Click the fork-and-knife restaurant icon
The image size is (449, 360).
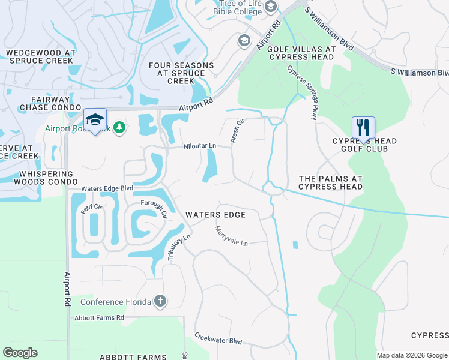pyautogui.click(x=363, y=127)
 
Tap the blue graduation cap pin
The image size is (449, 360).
pyautogui.click(x=94, y=119)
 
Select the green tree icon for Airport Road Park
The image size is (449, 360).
pyautogui.click(x=119, y=127)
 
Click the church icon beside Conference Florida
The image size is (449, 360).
pyautogui.click(x=160, y=301)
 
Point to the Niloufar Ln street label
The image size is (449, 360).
pyautogui.click(x=200, y=146)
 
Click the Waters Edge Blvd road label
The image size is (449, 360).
pyautogui.click(x=107, y=188)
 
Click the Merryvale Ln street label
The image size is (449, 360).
pyautogui.click(x=232, y=236)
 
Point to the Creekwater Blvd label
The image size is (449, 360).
pyautogui.click(x=218, y=340)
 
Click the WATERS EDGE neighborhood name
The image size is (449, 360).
pyautogui.click(x=215, y=215)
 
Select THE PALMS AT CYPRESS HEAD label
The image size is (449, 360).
pyautogui.click(x=330, y=182)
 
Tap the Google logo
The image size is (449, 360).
pyautogui.click(x=20, y=353)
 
